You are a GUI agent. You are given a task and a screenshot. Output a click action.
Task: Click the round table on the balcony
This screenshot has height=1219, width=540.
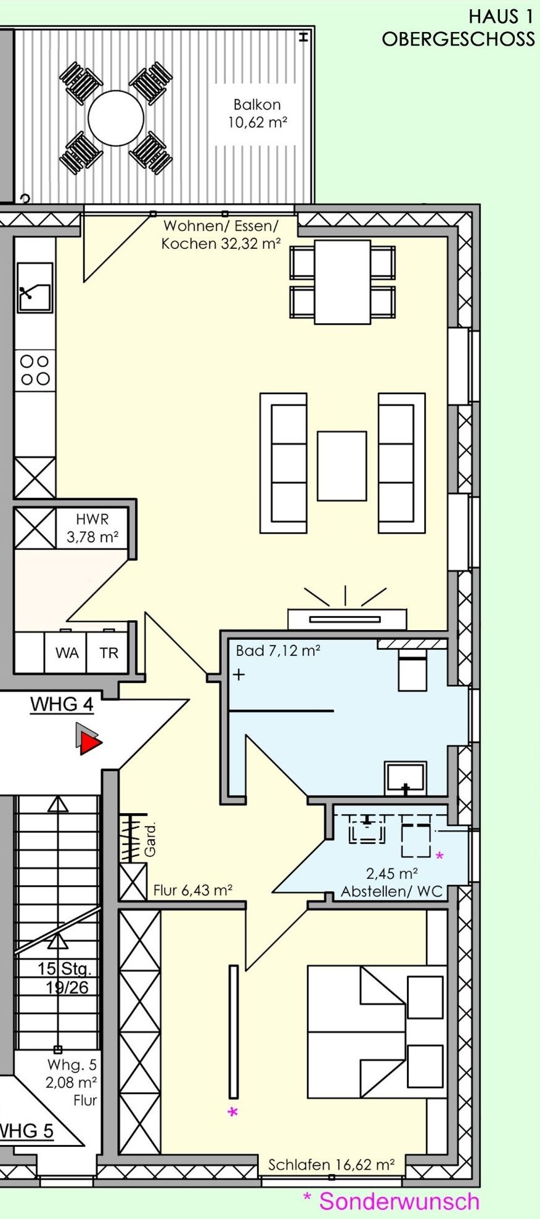pyautogui.click(x=116, y=118)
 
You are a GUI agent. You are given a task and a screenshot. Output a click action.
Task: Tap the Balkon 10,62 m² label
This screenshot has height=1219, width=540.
pyautogui.click(x=258, y=114)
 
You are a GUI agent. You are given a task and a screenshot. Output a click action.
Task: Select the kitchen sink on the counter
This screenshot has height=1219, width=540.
pyautogui.click(x=35, y=288)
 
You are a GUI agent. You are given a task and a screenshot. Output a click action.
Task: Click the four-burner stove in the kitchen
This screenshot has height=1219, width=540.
pyautogui.click(x=35, y=370)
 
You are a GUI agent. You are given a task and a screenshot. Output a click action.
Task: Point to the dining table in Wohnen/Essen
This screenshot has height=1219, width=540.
pyautogui.click(x=343, y=282)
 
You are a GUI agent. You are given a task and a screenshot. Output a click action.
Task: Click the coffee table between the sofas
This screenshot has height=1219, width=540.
pyautogui.click(x=342, y=466)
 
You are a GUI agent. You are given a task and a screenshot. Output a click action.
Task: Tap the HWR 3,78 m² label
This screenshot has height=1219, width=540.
pyautogui.click(x=92, y=529)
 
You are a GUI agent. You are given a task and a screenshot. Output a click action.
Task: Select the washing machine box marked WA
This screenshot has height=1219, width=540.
pyautogui.click(x=67, y=652)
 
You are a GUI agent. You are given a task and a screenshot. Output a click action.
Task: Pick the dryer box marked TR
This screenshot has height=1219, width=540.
pyautogui.click(x=108, y=652)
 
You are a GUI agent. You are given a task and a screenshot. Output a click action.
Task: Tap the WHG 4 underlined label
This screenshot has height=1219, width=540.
pyautogui.click(x=62, y=705)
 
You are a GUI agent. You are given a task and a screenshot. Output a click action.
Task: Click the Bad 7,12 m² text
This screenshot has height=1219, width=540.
pyautogui.click(x=278, y=651)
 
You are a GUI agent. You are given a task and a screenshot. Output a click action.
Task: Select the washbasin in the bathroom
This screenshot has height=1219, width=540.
pyautogui.click(x=405, y=778)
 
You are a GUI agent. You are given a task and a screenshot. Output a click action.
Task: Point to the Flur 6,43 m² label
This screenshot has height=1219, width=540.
pyautogui.click(x=193, y=890)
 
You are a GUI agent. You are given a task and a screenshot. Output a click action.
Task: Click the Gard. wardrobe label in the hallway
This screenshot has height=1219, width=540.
pyautogui.click(x=150, y=838)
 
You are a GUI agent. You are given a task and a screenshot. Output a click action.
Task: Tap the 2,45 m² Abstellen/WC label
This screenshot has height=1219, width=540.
pyautogui.click(x=392, y=883)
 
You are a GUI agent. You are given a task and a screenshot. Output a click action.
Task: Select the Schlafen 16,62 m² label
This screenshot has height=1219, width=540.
pyautogui.click(x=331, y=1165)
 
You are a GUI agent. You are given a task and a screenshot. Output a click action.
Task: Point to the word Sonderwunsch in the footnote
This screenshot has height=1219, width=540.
pyautogui.click(x=399, y=1202)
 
